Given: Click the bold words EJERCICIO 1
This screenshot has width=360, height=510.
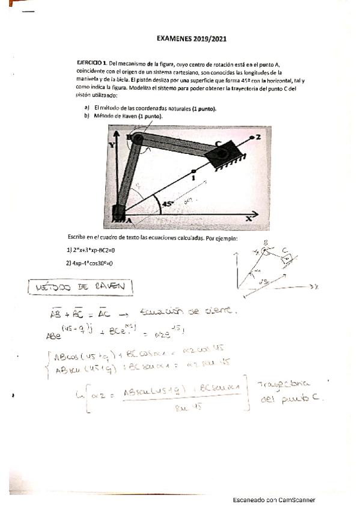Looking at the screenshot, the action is click(x=88, y=63).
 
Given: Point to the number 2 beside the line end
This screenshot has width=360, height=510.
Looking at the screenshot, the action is click(x=258, y=137).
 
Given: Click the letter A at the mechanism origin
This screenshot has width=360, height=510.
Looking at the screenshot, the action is click(x=128, y=221).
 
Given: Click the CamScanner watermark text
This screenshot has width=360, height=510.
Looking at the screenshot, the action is click(x=273, y=500).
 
